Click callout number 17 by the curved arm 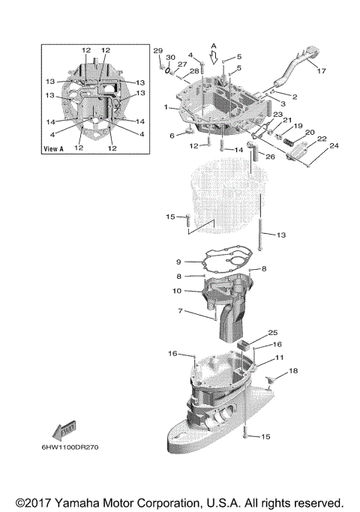pyautogui.click(x=321, y=71)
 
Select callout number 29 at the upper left pyautogui.click(x=158, y=50)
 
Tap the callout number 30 pyautogui.click(x=170, y=58)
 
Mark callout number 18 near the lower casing pyautogui.click(x=293, y=371)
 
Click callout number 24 pyautogui.click(x=334, y=145)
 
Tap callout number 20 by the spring pyautogui.click(x=307, y=132)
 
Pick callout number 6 pyautogui.click(x=172, y=135)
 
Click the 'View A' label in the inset pyautogui.click(x=57, y=149)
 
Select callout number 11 pyautogui.click(x=279, y=358)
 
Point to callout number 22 pyautogui.click(x=322, y=139)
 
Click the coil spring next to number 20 pyautogui.click(x=288, y=140)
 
